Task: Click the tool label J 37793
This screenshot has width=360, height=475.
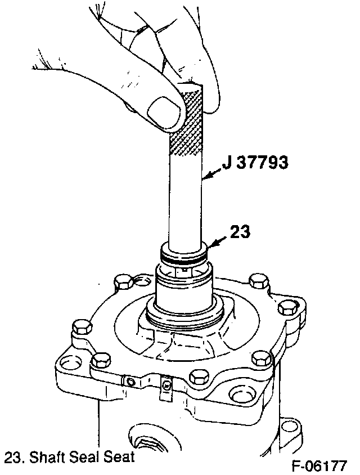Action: coord(255,163)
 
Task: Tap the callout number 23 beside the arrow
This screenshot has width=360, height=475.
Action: coord(240,232)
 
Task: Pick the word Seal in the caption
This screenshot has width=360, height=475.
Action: coord(84,457)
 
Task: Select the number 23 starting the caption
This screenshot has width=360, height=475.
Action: coord(13,458)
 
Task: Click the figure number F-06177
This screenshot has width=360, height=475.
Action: coord(319,466)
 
